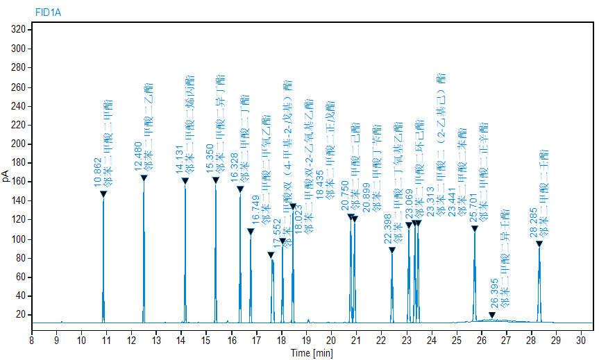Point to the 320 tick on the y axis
click(19, 30)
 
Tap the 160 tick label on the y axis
click(19, 182)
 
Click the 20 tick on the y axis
click(21, 315)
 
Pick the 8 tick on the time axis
click(31, 340)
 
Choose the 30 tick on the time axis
click(581, 340)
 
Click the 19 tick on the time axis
click(306, 340)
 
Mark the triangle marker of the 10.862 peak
click(103, 194)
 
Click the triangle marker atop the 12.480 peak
click(144, 178)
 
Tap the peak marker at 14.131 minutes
click(185, 181)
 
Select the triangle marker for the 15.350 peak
click(216, 180)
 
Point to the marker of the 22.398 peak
click(392, 250)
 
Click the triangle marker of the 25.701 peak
click(475, 228)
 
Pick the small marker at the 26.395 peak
click(492, 316)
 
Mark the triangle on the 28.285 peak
click(539, 243)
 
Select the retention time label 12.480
click(137, 157)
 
